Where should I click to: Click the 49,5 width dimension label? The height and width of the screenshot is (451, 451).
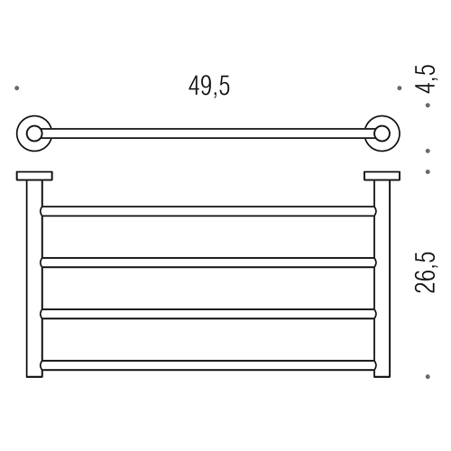pos(209,87)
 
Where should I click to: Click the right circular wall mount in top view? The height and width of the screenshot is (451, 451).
pos(383,134)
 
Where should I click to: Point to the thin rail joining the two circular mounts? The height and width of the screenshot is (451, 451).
pos(208,134)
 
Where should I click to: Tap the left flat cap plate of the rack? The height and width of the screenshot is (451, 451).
pos(34,176)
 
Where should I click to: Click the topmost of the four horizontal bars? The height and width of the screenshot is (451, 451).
pos(208,210)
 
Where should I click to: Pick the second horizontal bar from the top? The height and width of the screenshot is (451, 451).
pos(208,262)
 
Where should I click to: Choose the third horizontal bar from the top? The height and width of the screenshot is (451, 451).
pos(208,314)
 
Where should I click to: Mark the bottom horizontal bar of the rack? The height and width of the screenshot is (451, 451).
pos(208,365)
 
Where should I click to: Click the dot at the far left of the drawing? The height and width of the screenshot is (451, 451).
pos(17,88)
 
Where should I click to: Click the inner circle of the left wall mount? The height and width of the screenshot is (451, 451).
pos(34,134)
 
